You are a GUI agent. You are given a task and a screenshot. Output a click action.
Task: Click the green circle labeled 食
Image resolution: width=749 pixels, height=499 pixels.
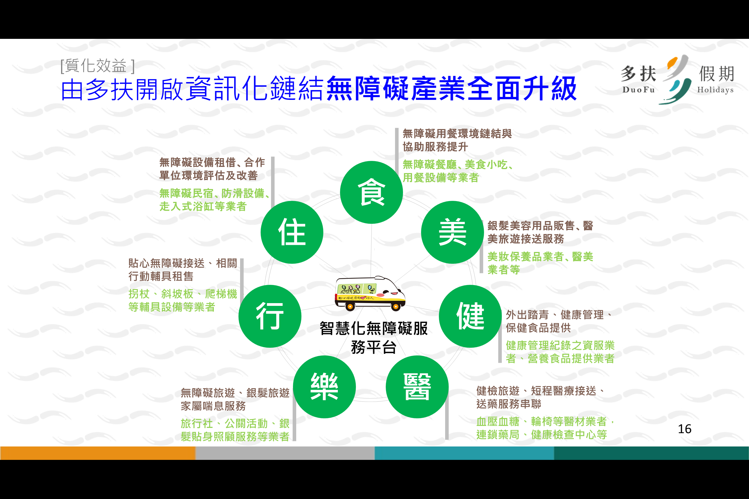pos(371,192)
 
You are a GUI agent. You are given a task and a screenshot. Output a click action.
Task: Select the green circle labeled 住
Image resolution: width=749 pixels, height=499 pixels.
pos(292,232)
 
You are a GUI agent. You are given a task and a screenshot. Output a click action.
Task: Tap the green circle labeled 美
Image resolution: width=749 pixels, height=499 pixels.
pos(452,232)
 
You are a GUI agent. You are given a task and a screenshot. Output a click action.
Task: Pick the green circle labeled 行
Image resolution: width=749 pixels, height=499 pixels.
pos(270,316)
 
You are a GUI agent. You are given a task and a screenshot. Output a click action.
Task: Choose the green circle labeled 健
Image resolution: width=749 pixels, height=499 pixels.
pos(470,316)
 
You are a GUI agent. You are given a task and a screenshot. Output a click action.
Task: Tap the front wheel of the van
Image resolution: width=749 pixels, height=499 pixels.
pos(396,307)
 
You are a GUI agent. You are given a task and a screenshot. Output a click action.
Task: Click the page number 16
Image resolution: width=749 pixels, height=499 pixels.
pos(684,429)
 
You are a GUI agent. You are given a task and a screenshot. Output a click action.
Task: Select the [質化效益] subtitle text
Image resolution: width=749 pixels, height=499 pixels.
pos(98,66)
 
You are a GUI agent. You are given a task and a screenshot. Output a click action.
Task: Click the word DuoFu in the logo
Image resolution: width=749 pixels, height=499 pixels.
pos(638,90)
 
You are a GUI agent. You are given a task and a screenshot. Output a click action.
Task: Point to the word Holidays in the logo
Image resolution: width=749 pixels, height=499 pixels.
pos(715,90)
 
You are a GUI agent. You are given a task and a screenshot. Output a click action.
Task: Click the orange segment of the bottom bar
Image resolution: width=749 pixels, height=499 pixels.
pos(98,453)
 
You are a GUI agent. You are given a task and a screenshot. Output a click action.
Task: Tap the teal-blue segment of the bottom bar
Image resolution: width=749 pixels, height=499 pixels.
pos(464,453)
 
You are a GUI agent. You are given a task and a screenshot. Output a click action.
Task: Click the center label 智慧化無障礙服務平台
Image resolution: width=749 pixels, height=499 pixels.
pos(374,338)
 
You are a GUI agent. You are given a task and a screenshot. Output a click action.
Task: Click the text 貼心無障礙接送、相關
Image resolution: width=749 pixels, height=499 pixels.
pos(183,263)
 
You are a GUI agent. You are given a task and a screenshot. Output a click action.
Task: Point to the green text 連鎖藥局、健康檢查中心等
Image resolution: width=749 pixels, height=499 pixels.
pos(542,435)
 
